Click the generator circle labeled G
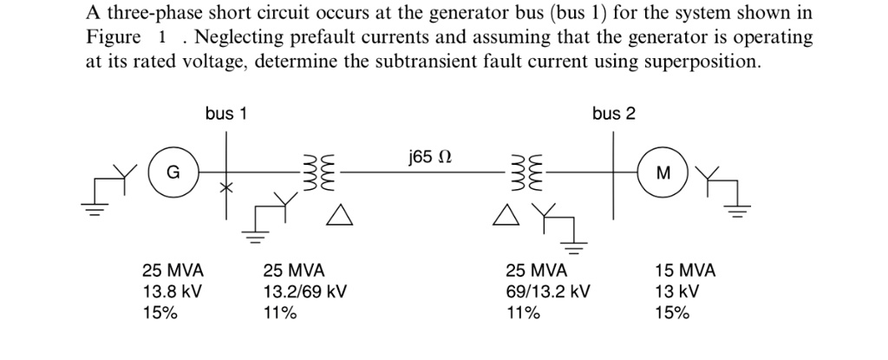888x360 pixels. [173, 173]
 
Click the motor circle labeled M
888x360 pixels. [663, 173]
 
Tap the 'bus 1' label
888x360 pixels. [226, 114]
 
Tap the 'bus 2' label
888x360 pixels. [614, 114]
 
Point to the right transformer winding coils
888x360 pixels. [528, 172]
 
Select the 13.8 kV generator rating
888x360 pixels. [173, 292]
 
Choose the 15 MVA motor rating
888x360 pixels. [686, 271]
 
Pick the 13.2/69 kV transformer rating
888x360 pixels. [304, 292]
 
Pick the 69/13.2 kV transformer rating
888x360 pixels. [547, 292]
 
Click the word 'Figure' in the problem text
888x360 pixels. [113, 39]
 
